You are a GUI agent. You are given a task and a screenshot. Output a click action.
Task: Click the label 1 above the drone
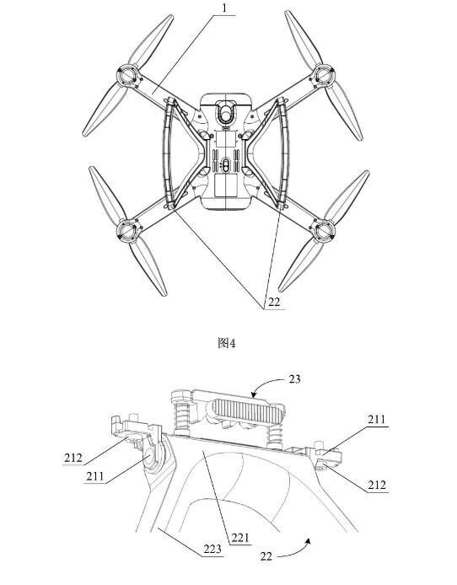pos(224,8)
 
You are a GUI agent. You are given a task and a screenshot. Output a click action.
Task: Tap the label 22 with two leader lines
pos(274,302)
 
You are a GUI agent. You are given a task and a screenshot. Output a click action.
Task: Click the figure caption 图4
pos(227,343)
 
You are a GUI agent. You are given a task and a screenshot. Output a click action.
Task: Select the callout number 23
pos(294,379)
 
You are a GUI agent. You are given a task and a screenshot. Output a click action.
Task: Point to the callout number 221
pos(239,538)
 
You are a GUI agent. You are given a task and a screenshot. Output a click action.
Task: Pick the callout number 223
pos(212,549)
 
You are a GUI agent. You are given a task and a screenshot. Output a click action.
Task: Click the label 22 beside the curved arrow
pos(266,556)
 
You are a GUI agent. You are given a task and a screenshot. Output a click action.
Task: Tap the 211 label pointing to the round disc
pos(95,476)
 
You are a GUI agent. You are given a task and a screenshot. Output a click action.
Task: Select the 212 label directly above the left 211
pos(73,458)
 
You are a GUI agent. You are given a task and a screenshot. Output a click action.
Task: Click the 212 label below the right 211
pos(377,485)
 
